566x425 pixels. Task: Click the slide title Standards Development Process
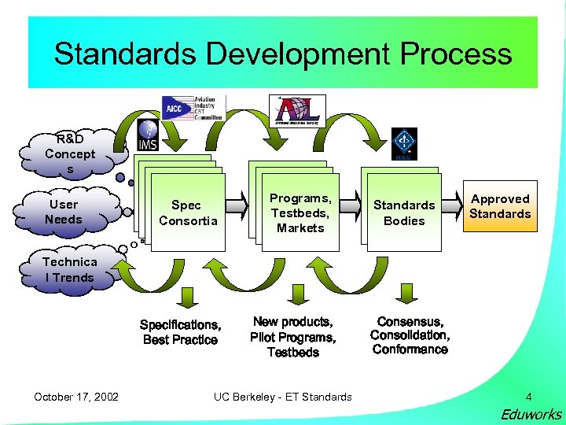pos(283,54)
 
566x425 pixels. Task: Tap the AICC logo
pos(193,108)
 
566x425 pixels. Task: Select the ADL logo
pos(300,110)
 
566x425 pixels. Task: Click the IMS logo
pos(148,135)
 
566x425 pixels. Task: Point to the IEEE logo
pos(404,144)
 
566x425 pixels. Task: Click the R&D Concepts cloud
pos(70,154)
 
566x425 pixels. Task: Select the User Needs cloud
pos(64,212)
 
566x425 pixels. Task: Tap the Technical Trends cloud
pos(69,270)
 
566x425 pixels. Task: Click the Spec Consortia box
pos(188,213)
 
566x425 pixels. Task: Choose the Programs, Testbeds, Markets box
pos(300,213)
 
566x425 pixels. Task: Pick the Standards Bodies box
pos(404,213)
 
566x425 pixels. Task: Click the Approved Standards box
pos(501,207)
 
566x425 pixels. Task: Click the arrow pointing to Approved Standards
pos(452,207)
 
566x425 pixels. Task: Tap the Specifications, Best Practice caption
pos(180,332)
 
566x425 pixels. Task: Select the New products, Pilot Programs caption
pos(293,337)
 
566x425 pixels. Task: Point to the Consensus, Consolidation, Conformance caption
pos(410,336)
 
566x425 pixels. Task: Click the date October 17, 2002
pos(76,397)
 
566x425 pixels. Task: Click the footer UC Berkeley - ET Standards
pos(283,397)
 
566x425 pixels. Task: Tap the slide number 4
pos(528,397)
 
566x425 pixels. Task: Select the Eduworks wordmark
pos(531,414)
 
